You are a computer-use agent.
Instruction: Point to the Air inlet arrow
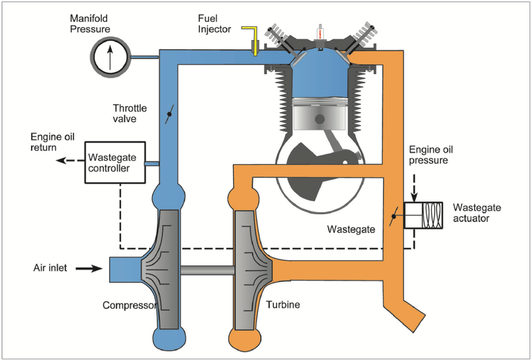pyautogui.click(x=88, y=268)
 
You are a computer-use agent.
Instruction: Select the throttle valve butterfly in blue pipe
pyautogui.click(x=170, y=117)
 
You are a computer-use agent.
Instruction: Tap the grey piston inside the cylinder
pyautogui.click(x=319, y=119)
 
